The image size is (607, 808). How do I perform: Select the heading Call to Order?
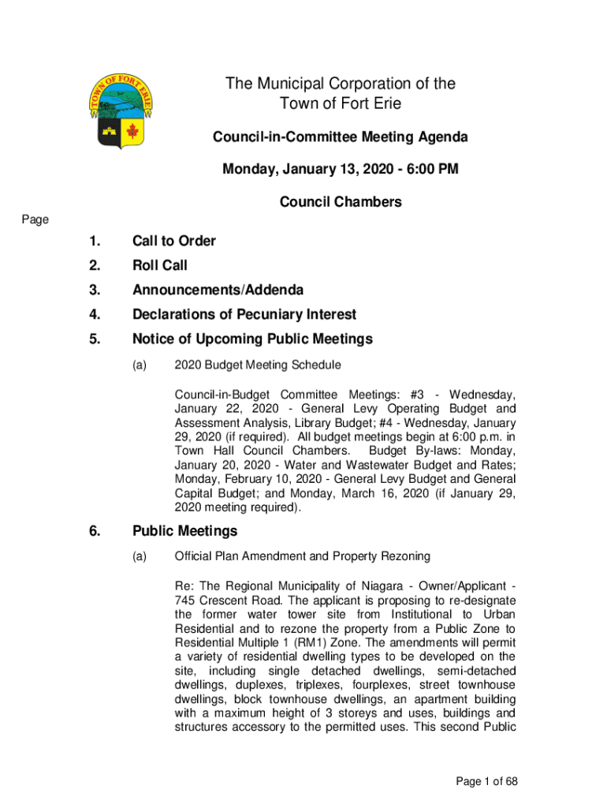coord(174,241)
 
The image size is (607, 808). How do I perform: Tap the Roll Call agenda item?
coord(160,265)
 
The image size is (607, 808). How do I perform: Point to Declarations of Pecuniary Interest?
coord(244,315)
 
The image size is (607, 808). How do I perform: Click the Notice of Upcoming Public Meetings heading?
coord(252,339)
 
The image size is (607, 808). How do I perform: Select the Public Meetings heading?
coord(184,531)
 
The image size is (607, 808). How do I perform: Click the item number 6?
coord(95,531)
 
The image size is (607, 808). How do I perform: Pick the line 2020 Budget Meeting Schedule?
coord(258,365)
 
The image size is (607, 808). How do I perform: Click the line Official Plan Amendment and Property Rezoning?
coord(302,556)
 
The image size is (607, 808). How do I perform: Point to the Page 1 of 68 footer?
coord(487,781)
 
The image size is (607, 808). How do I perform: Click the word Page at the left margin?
coord(35,220)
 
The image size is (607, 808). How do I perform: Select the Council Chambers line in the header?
coord(341,202)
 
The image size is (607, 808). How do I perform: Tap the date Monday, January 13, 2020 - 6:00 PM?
coord(341,169)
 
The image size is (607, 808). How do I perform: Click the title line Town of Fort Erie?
coord(341,104)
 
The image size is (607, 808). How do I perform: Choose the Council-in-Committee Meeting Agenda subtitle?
coord(341,137)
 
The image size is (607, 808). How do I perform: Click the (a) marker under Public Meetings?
coord(140,556)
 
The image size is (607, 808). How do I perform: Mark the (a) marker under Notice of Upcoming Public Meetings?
coord(140,365)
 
